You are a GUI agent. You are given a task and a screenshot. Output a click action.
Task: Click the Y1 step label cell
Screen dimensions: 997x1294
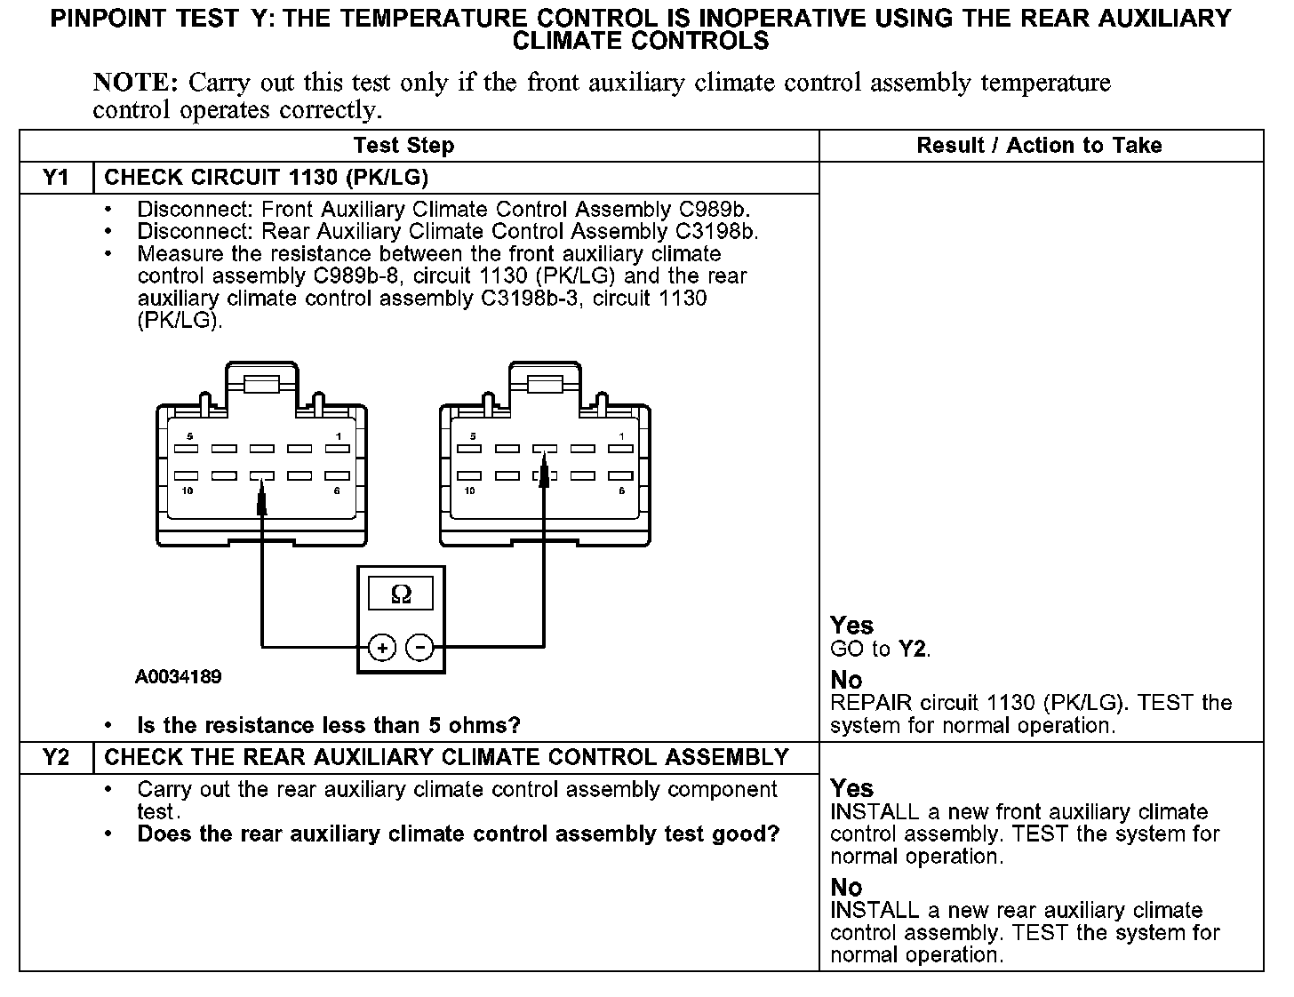(x=56, y=178)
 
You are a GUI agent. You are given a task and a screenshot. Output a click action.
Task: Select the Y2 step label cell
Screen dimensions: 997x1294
(x=56, y=758)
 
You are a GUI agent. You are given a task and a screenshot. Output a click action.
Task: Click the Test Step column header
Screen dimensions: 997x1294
(x=403, y=146)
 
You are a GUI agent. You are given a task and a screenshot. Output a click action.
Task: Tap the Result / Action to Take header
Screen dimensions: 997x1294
(x=1039, y=146)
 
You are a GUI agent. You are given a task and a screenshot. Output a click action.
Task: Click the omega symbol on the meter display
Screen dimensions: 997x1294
(x=401, y=594)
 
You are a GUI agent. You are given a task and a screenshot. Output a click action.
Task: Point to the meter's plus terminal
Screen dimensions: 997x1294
(x=382, y=649)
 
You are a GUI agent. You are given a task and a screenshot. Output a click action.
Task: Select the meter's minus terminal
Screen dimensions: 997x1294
(x=419, y=649)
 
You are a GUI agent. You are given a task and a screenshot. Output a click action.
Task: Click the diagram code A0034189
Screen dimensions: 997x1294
(x=179, y=677)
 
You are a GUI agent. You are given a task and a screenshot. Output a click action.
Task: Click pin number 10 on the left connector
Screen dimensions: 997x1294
(x=188, y=491)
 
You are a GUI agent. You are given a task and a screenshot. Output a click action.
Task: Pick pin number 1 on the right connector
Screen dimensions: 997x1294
(x=621, y=436)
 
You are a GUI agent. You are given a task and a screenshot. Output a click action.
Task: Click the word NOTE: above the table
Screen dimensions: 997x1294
(x=136, y=84)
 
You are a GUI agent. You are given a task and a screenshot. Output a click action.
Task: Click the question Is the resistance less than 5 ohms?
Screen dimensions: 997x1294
(x=329, y=726)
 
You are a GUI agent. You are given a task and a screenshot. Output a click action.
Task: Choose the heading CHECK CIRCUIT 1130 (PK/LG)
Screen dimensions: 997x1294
(x=267, y=178)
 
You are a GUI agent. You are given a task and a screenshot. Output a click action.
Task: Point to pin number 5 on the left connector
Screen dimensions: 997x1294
(x=189, y=436)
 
